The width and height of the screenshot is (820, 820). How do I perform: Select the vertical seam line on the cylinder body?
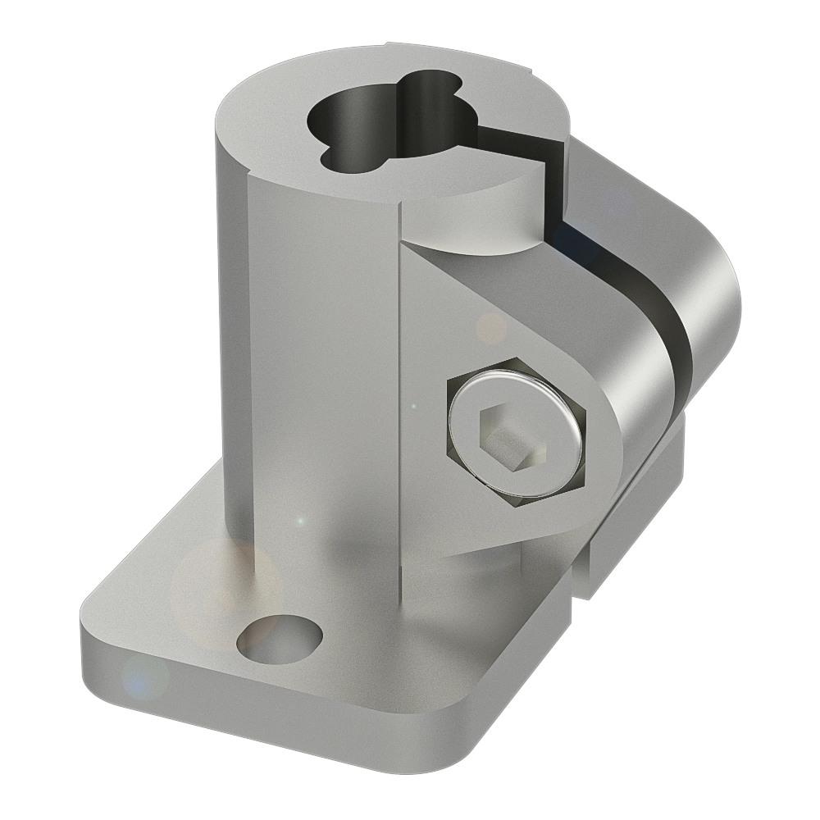(x=401, y=369)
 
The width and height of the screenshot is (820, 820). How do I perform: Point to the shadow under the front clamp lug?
(x=492, y=566)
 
